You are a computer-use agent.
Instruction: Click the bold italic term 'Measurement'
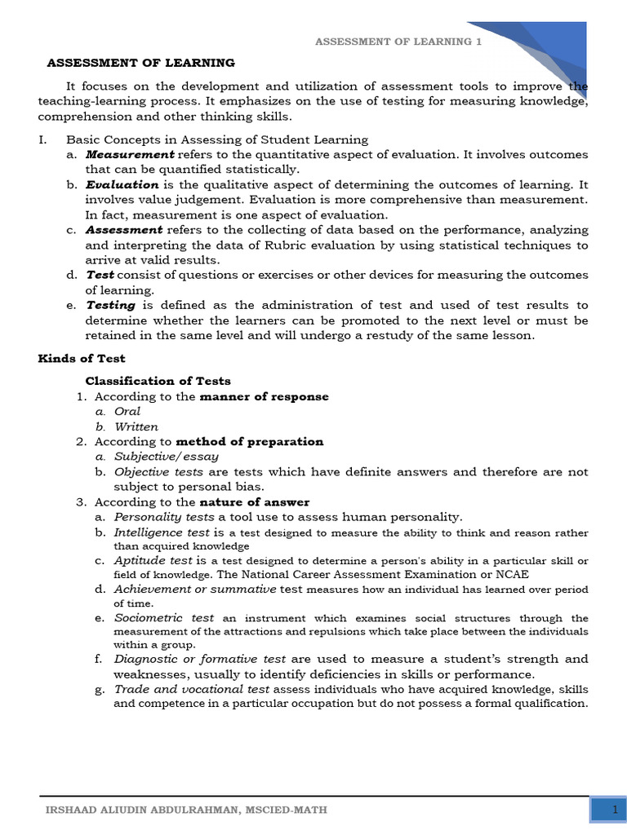click(x=130, y=154)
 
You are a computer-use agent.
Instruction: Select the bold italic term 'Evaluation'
click(x=122, y=185)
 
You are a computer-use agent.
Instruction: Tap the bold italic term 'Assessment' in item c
click(x=124, y=230)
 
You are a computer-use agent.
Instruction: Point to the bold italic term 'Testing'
click(x=111, y=305)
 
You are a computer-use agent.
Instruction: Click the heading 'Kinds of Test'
click(x=82, y=358)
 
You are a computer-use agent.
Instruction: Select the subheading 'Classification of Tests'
click(x=158, y=381)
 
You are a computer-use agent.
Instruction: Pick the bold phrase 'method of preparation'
click(x=250, y=441)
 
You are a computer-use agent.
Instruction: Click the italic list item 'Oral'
click(x=127, y=412)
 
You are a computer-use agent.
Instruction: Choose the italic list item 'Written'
click(x=136, y=426)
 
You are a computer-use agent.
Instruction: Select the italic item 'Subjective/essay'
click(x=167, y=457)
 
